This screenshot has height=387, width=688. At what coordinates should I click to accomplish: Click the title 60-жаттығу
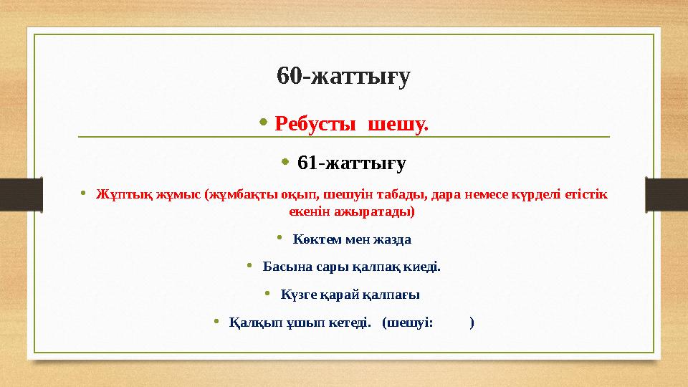343,76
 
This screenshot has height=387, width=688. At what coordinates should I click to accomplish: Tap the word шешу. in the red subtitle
398,125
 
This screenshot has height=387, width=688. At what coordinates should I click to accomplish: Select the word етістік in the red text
585,194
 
